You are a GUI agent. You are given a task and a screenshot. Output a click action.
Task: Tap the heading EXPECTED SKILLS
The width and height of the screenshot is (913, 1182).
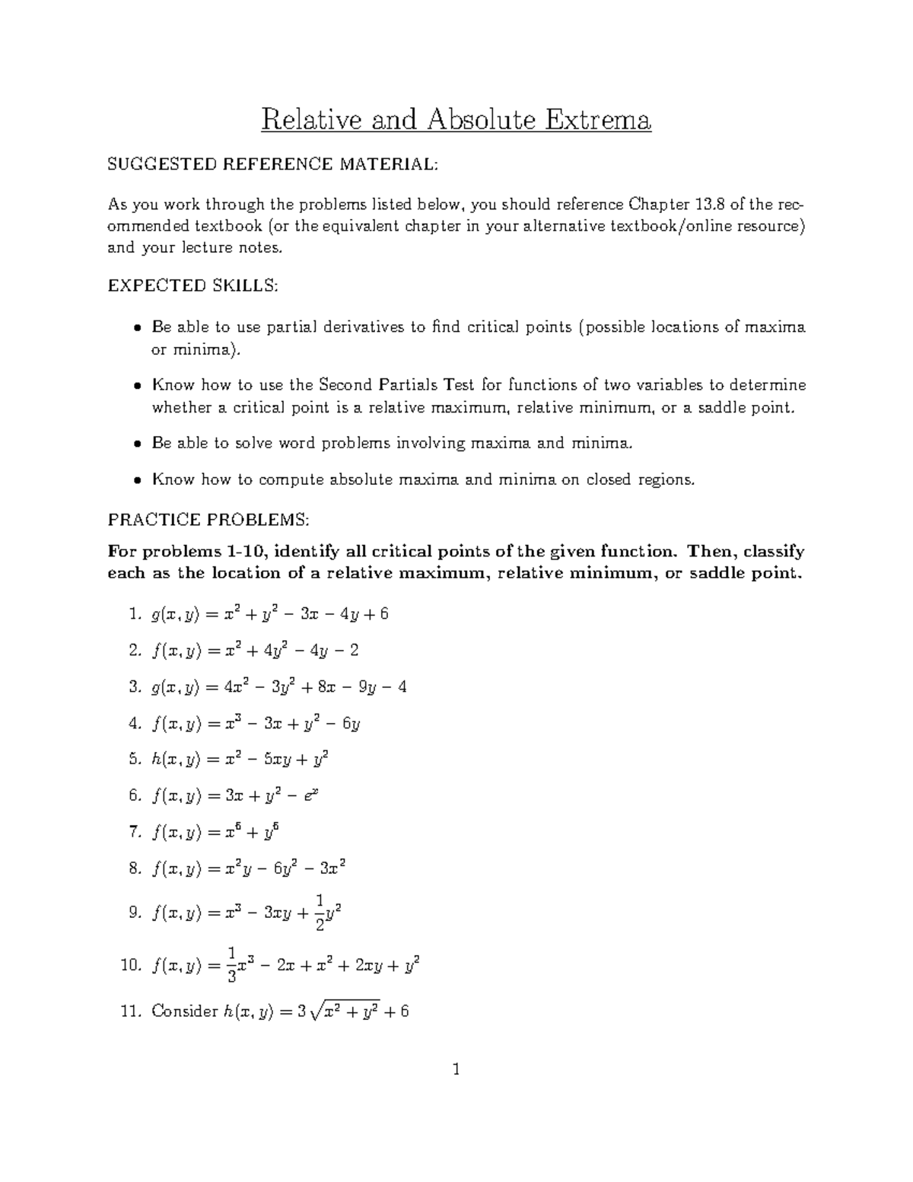pos(193,285)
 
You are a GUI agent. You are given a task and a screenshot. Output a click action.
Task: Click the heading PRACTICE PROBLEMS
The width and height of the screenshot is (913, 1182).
pos(208,520)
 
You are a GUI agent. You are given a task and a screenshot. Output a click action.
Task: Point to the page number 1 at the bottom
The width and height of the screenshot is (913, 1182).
pos(456,1070)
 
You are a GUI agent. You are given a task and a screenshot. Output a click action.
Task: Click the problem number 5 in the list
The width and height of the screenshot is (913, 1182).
pos(135,759)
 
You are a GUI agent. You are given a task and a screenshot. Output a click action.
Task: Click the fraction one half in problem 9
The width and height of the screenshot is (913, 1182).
pos(321,913)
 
